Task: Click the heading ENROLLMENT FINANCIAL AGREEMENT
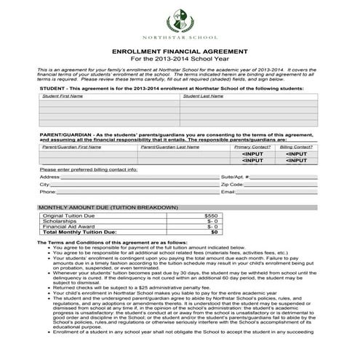[x=180, y=52]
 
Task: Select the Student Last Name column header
[x=206, y=95]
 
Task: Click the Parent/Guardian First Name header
[x=71, y=147]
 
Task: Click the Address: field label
[x=49, y=177]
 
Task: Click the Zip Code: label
[x=233, y=185]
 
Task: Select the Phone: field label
[x=47, y=192]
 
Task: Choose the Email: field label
[x=228, y=192]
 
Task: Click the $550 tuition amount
[x=211, y=216]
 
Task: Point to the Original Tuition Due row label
[x=68, y=216]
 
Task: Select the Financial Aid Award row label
[x=66, y=226]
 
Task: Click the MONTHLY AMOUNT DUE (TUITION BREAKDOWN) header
[x=108, y=207]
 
